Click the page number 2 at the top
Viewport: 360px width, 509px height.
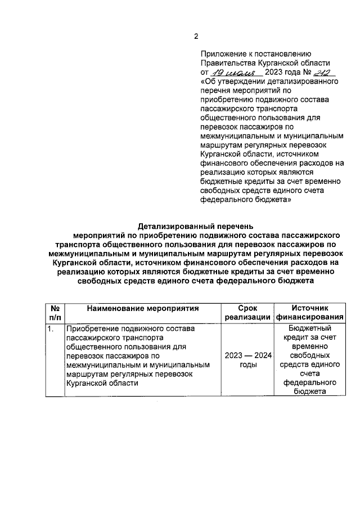[x=196, y=37]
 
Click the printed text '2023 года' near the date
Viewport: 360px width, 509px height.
[x=284, y=73]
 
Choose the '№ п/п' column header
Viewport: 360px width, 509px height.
[x=55, y=313]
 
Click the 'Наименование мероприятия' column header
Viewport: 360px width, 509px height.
[x=143, y=309]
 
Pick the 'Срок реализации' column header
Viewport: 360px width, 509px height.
[x=247, y=313]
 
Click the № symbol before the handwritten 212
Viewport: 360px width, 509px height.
[x=308, y=73]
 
